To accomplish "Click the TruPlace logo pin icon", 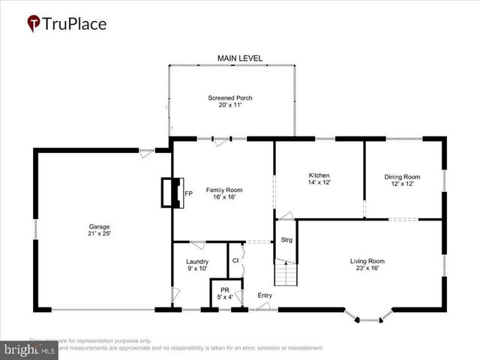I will click(34, 23).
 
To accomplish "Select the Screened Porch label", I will click(230, 98).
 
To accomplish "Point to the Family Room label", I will click(224, 190).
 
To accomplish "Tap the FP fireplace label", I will click(189, 194).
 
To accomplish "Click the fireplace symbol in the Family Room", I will click(172, 193).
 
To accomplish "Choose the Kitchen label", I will click(319, 175).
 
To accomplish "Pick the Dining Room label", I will click(400, 176).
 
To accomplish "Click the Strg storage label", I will click(286, 240).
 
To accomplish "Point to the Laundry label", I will click(196, 261).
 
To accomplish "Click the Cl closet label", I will click(235, 260).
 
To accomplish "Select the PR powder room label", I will click(224, 289).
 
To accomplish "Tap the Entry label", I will click(265, 295).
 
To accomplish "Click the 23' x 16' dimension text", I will click(367, 268).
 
